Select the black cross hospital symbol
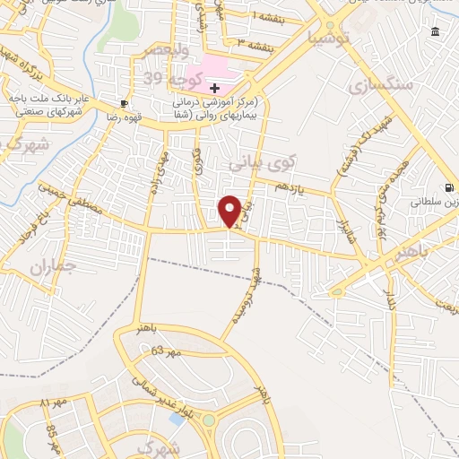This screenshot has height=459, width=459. click(214, 88)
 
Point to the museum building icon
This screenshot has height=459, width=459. click(435, 32)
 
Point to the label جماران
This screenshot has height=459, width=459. click(48, 267)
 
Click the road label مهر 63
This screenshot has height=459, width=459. click(166, 351)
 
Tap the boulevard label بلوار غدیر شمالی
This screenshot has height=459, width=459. click(167, 394)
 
